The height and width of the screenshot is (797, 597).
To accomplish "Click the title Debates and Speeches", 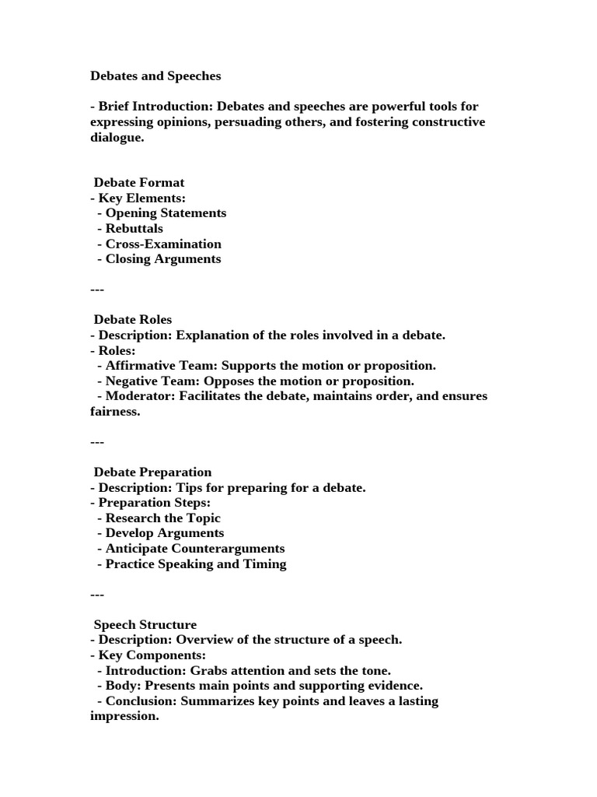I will (155, 76).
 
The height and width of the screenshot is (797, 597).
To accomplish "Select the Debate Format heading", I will (139, 183).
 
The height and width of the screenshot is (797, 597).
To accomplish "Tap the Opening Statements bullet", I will (166, 213).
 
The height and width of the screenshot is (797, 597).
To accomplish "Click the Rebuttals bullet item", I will (134, 229).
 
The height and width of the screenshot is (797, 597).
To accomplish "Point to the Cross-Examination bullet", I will (163, 244).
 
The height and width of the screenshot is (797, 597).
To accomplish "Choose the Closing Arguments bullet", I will (163, 259).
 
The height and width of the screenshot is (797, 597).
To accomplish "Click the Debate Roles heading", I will (133, 320).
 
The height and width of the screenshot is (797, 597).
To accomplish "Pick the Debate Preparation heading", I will (152, 472).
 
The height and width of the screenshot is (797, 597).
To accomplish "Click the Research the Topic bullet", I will (162, 518).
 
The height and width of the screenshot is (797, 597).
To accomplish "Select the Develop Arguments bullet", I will (164, 533).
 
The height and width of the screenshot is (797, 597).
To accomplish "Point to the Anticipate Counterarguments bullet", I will (195, 549).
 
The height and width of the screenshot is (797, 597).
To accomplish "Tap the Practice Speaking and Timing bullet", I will (196, 564).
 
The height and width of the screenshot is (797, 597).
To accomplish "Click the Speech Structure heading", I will (145, 625).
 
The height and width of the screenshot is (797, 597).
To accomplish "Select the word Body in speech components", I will (121, 686).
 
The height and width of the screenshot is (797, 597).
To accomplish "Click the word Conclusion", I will (139, 701).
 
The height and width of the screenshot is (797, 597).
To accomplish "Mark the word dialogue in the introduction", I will (117, 138).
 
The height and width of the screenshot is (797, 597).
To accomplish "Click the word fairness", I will (114, 412).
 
